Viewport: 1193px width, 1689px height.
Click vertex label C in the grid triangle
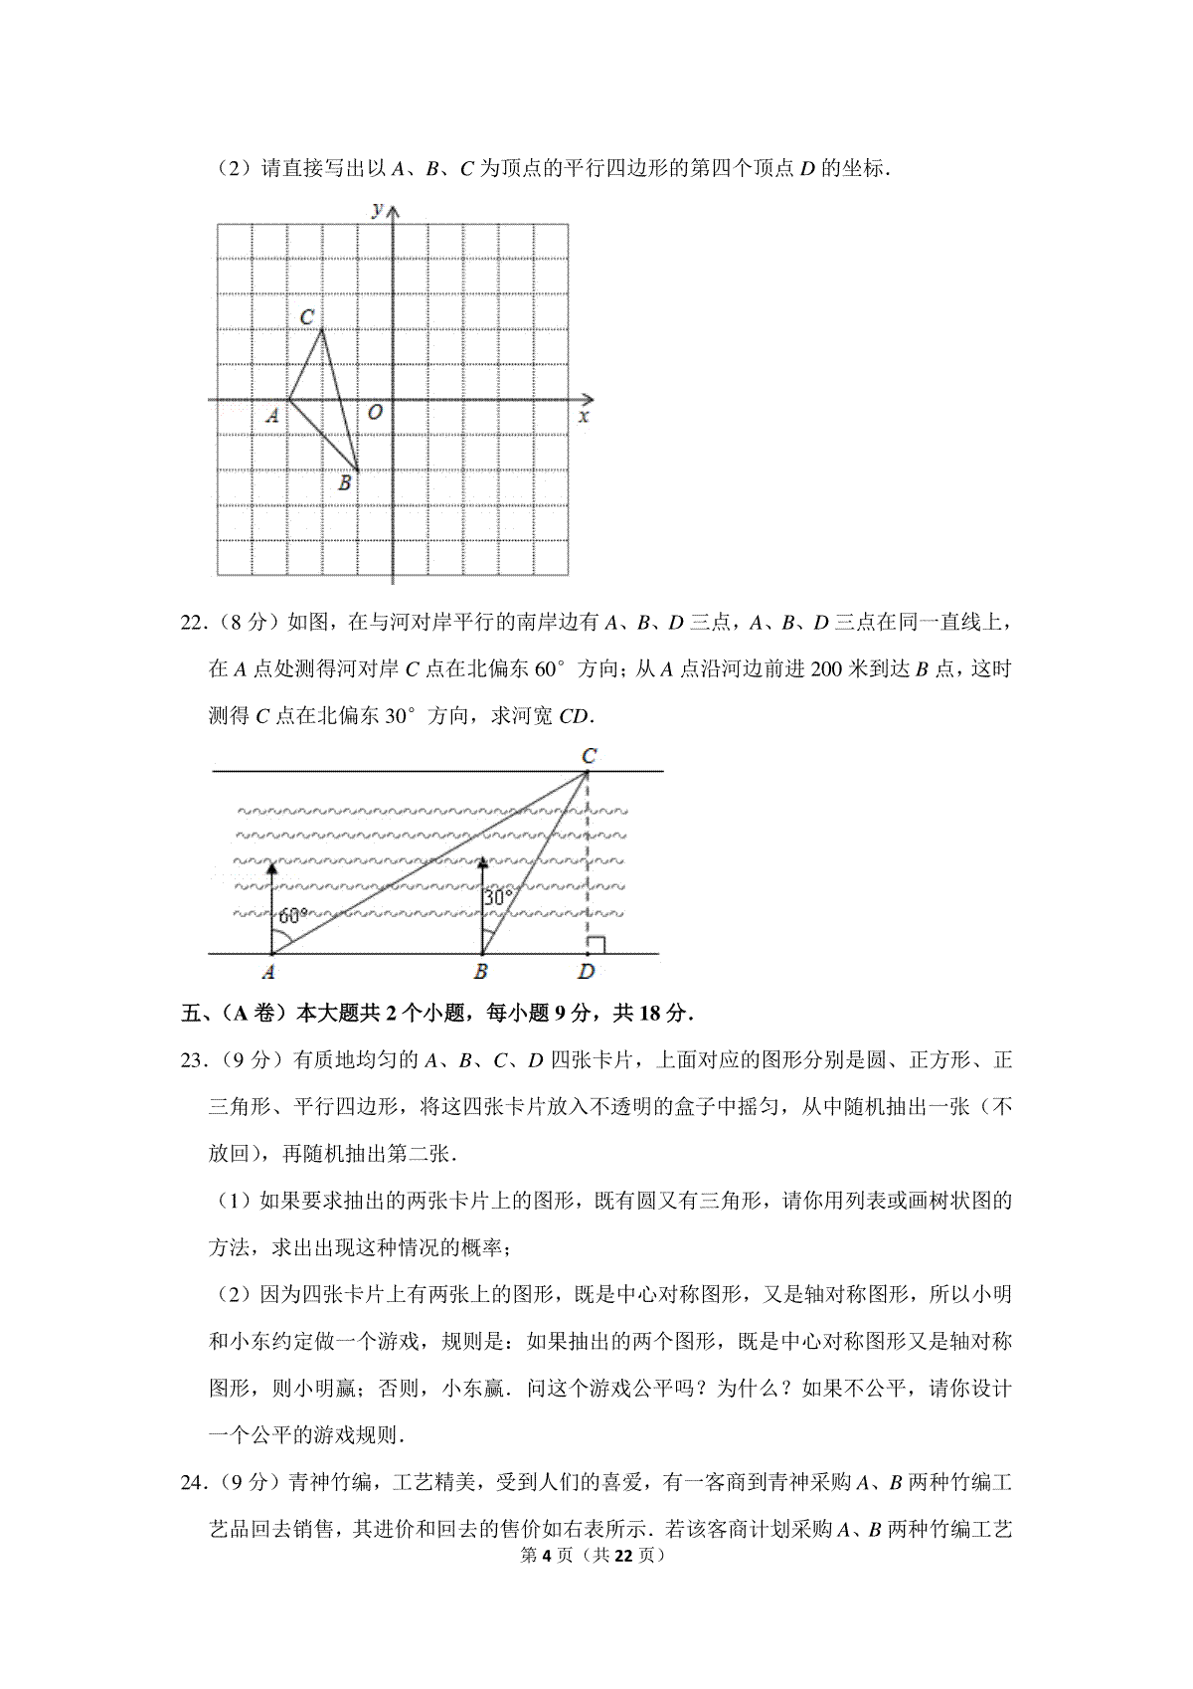tap(307, 317)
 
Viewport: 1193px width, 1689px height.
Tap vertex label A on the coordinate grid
tap(272, 416)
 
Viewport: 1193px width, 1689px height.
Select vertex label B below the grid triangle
tap(345, 483)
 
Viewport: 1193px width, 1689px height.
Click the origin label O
tap(374, 412)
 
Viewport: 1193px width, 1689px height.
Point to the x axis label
tap(584, 416)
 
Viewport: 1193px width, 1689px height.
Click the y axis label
tap(377, 209)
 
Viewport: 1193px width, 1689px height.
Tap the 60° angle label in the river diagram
tap(293, 916)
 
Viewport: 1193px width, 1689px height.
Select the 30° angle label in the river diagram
tap(497, 897)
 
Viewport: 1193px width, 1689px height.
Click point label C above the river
tap(589, 756)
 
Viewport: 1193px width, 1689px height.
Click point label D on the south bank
tap(587, 972)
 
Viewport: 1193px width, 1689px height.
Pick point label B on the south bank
tap(481, 972)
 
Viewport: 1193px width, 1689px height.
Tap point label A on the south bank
tap(268, 972)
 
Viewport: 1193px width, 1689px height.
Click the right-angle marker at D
tap(596, 945)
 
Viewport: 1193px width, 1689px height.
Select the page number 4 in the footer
tap(548, 1556)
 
